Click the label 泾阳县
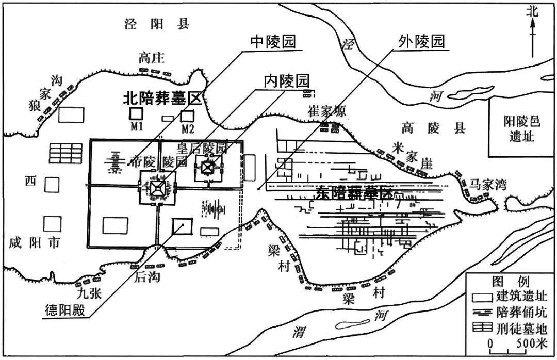[157, 24]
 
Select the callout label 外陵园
[421, 41]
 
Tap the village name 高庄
[152, 59]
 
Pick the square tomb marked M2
[187, 116]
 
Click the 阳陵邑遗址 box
[521, 128]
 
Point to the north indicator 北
[532, 12]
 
